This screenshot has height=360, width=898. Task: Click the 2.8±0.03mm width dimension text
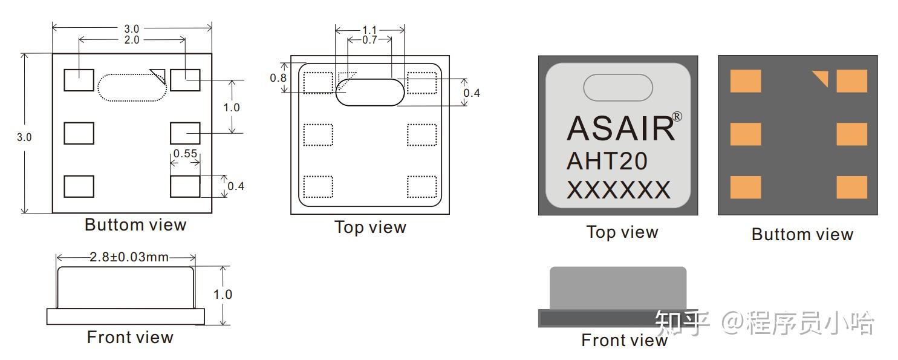129,257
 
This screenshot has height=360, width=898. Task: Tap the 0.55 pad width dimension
185,154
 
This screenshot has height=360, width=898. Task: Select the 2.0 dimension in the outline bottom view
132,40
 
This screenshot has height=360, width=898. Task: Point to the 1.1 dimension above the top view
369,30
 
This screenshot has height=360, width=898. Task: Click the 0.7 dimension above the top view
369,40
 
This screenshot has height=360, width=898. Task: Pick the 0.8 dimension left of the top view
278,78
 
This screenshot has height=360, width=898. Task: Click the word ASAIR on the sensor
620,129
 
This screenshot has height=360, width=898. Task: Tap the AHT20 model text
607,161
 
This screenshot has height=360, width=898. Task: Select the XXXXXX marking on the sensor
619,190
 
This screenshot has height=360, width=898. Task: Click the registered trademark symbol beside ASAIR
677,117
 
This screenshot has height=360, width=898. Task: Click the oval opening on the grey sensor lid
618,87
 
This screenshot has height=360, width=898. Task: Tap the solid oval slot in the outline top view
369,92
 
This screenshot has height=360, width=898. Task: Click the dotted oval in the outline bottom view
132,87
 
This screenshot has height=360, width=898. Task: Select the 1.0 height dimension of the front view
223,295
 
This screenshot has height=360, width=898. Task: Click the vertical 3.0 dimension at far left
24,137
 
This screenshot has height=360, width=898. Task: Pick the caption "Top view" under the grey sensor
622,232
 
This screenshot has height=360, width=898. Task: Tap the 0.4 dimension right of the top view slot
472,93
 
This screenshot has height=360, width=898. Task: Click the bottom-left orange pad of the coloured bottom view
746,187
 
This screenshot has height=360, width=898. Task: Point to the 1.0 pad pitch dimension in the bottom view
232,108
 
